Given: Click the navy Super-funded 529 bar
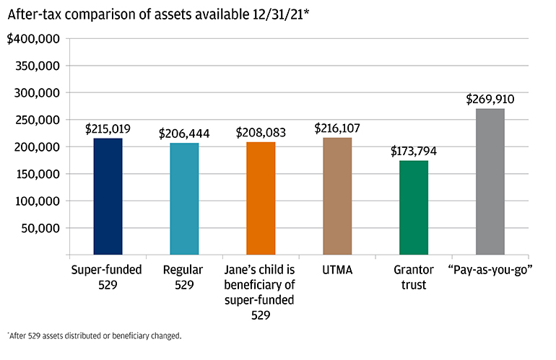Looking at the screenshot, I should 108,196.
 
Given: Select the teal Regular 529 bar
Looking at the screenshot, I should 184,199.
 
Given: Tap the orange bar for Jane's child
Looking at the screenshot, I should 261,198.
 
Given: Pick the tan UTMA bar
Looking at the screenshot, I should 337,196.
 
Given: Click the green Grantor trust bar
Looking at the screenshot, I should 414,208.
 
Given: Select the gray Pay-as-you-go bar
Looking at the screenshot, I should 490,182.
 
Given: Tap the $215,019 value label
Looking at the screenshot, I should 108,128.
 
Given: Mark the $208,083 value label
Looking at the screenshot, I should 261,133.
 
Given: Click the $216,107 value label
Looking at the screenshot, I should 337,128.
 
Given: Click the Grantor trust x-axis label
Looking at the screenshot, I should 414,277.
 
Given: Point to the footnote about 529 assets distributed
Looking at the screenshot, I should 95,336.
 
